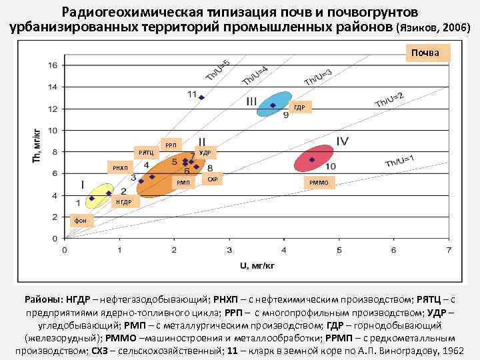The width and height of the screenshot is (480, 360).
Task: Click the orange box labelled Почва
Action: (x=425, y=53)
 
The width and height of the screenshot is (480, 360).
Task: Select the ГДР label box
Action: (x=299, y=108)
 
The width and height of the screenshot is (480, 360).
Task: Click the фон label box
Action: (x=80, y=219)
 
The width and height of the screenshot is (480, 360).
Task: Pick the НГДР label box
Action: (x=124, y=201)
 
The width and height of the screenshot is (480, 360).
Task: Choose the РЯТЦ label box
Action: (x=145, y=153)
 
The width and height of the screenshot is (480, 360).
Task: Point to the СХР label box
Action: (x=212, y=179)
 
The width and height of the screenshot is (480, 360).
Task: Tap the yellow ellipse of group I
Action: (x=99, y=195)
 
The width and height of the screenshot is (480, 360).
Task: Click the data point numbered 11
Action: (x=201, y=97)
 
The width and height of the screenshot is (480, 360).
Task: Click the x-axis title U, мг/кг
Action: (x=257, y=265)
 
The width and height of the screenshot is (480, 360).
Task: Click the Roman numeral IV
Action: (x=343, y=141)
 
